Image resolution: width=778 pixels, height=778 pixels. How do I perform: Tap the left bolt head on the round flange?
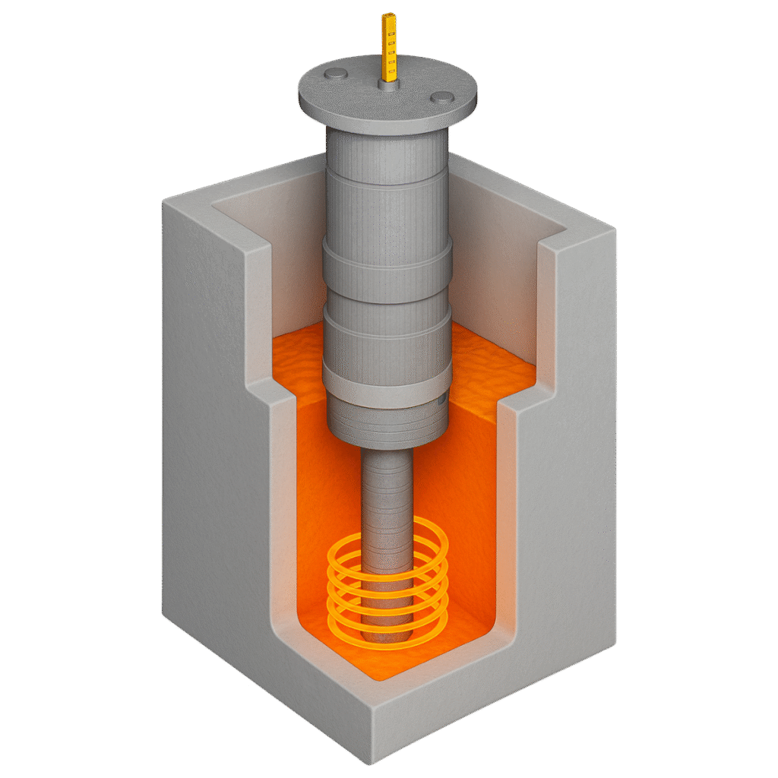[x=336, y=74]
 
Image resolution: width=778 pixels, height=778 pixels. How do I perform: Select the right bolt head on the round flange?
[x=441, y=96]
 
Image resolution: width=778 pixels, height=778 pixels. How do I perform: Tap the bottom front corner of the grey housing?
[x=372, y=760]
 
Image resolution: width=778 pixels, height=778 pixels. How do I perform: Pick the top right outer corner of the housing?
[x=612, y=228]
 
